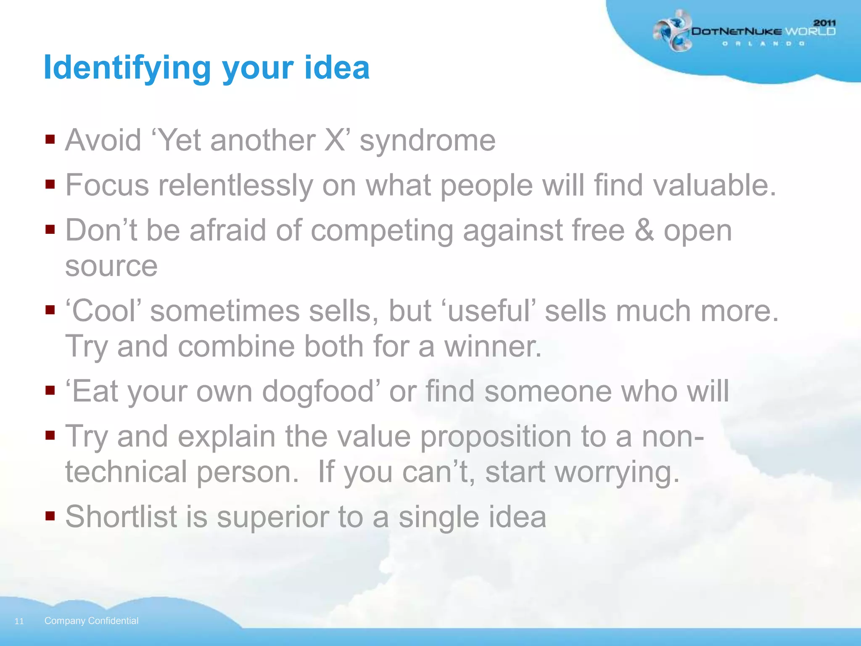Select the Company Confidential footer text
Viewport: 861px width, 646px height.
[x=91, y=621]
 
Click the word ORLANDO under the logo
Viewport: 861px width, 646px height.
[x=763, y=44]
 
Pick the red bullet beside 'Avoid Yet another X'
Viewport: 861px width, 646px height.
[x=50, y=139]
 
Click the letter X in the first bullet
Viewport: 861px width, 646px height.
[x=335, y=140]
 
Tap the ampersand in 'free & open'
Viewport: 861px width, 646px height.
[x=644, y=230]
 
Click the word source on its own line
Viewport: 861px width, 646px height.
[x=111, y=266]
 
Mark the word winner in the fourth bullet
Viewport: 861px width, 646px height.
[x=493, y=347]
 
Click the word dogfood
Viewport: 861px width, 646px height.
[x=318, y=392]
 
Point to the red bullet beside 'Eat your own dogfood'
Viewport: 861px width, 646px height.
[x=50, y=391]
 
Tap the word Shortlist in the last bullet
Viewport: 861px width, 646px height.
[x=121, y=516]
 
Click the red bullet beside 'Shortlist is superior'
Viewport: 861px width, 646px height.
[x=50, y=516]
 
